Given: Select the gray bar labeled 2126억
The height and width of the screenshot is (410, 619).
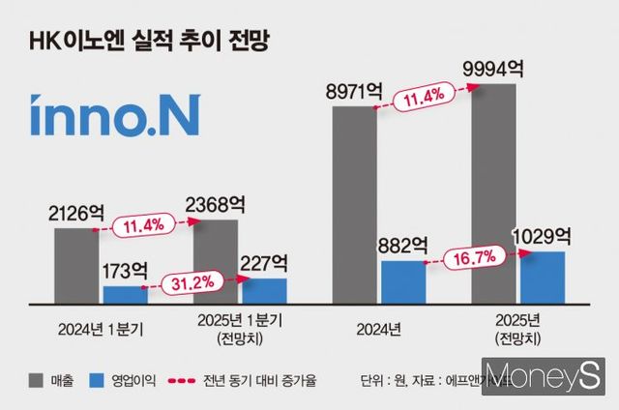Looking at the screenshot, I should (77, 266).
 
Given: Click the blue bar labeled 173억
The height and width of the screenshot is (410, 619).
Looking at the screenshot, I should (125, 294).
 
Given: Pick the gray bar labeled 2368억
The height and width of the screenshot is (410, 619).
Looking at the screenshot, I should (215, 261).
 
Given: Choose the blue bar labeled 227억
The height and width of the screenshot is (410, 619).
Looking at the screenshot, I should (264, 291).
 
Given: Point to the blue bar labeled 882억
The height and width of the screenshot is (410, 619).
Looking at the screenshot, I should (402, 281).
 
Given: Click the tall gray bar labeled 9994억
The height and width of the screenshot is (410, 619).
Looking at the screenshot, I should (493, 193).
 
